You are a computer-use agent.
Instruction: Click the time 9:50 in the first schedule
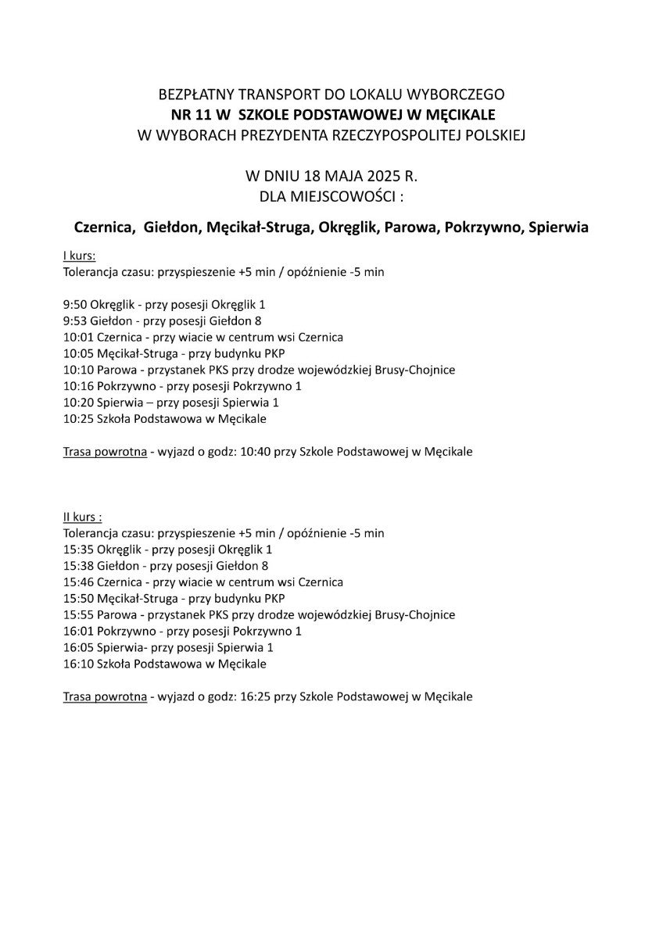tap(75, 304)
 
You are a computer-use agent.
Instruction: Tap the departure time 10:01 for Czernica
tap(77, 337)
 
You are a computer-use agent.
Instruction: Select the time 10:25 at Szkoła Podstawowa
tap(77, 419)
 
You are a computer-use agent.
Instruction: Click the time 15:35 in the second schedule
tap(77, 550)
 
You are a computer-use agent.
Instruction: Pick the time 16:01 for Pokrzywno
tap(77, 631)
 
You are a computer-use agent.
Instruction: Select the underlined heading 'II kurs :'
tap(82, 517)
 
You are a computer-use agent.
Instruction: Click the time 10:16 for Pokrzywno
tap(77, 386)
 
